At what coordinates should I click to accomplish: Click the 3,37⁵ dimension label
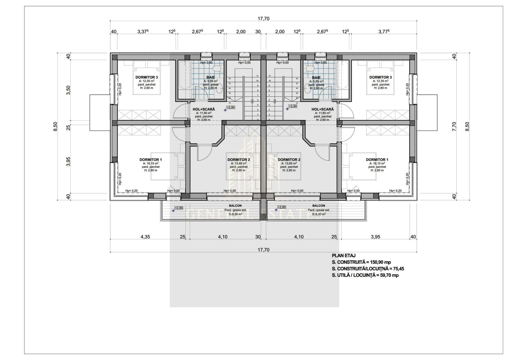click(x=143, y=32)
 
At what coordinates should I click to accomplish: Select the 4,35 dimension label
click(x=145, y=237)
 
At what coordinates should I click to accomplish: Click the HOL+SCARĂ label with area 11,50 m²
click(x=204, y=109)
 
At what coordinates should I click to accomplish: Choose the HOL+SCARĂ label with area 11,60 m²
click(x=322, y=109)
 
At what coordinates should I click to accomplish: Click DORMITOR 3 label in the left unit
click(x=147, y=77)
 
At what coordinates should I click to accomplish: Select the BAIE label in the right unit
click(x=316, y=77)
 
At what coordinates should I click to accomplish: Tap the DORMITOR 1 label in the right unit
click(x=377, y=160)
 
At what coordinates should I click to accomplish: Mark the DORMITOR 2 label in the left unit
click(x=239, y=160)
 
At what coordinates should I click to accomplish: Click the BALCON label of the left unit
click(x=235, y=206)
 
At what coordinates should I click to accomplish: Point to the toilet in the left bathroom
click(x=217, y=68)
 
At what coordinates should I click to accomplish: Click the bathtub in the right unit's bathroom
click(x=342, y=80)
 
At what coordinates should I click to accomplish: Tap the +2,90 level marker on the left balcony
click(x=179, y=208)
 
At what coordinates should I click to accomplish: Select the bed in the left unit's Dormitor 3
click(x=147, y=80)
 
